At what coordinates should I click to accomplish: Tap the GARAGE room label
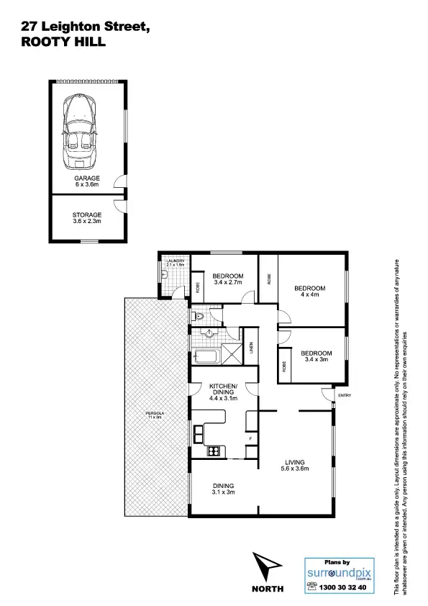tap(88, 181)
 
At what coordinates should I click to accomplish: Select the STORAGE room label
tap(87, 218)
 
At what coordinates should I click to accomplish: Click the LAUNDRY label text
tap(176, 262)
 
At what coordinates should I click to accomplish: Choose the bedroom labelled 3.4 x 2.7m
tap(228, 279)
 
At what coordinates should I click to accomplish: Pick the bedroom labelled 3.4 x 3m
tap(316, 356)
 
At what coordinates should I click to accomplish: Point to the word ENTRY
tap(345, 395)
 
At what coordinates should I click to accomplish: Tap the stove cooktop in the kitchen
tap(213, 451)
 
